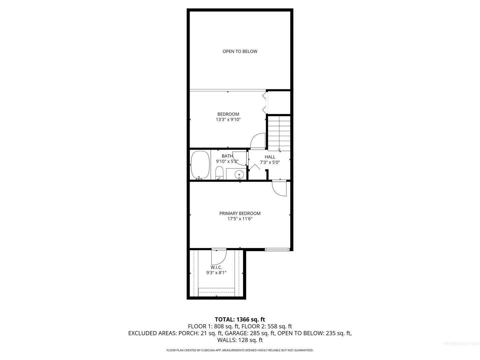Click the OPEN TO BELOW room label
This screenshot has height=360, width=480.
tap(240, 51)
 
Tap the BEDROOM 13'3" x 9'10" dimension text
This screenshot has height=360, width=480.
tap(228, 120)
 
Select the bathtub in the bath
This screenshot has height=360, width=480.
tap(200, 165)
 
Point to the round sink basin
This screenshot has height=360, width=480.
tap(239, 175)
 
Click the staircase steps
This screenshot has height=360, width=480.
tap(279, 133)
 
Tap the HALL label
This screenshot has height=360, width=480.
tap(270, 157)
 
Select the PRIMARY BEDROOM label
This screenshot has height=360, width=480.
tap(240, 213)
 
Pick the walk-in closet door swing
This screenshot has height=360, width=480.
tap(219, 257)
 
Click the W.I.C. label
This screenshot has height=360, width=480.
tap(216, 267)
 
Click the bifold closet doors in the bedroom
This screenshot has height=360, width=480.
tap(265, 103)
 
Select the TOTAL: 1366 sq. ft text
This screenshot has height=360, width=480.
tap(240, 320)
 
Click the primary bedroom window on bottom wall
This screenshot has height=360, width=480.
tap(277, 249)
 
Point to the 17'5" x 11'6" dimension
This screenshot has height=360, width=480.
tap(240, 219)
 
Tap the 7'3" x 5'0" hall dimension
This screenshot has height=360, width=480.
tap(270, 162)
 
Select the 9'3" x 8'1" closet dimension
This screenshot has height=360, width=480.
tap(216, 273)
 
